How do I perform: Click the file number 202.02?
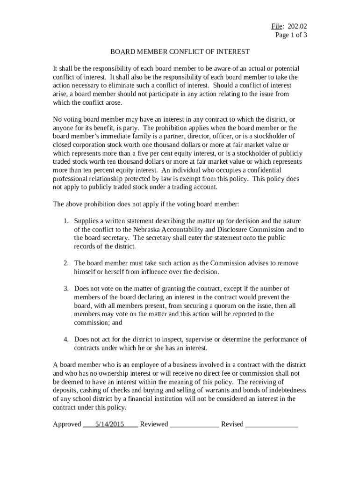(297, 26)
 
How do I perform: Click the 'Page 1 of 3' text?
(291, 35)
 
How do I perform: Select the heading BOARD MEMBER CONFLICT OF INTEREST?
(180, 51)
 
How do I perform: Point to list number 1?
(66, 221)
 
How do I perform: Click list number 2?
(66, 263)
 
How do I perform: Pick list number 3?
(66, 288)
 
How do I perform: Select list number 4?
(66, 339)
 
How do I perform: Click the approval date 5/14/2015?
(109, 424)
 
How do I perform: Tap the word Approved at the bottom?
(67, 424)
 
